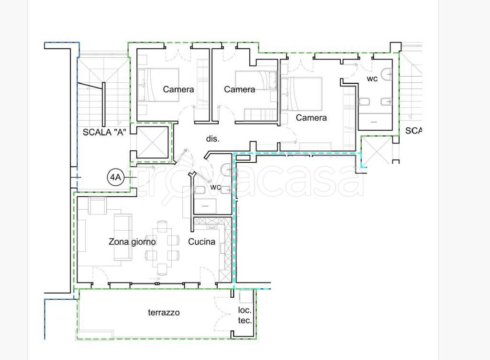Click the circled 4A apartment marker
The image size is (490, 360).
115,177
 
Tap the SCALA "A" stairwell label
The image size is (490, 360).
104,132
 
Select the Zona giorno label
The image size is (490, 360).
132,242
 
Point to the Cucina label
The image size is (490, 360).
201,242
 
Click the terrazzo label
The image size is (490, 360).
164,313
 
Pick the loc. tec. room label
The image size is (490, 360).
245,315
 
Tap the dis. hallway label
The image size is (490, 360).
212,138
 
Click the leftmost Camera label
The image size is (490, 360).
178,90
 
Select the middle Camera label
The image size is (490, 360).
239,90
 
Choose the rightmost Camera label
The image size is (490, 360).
311,117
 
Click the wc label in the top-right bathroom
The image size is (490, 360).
372,79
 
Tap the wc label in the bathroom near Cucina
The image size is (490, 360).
216,187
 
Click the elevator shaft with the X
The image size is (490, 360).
153,142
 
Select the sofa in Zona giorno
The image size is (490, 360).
123,237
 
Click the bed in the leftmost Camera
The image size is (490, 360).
158,85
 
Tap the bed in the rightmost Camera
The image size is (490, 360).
301,94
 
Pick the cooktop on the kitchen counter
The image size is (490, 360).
212,226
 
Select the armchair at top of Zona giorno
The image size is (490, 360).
98,206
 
